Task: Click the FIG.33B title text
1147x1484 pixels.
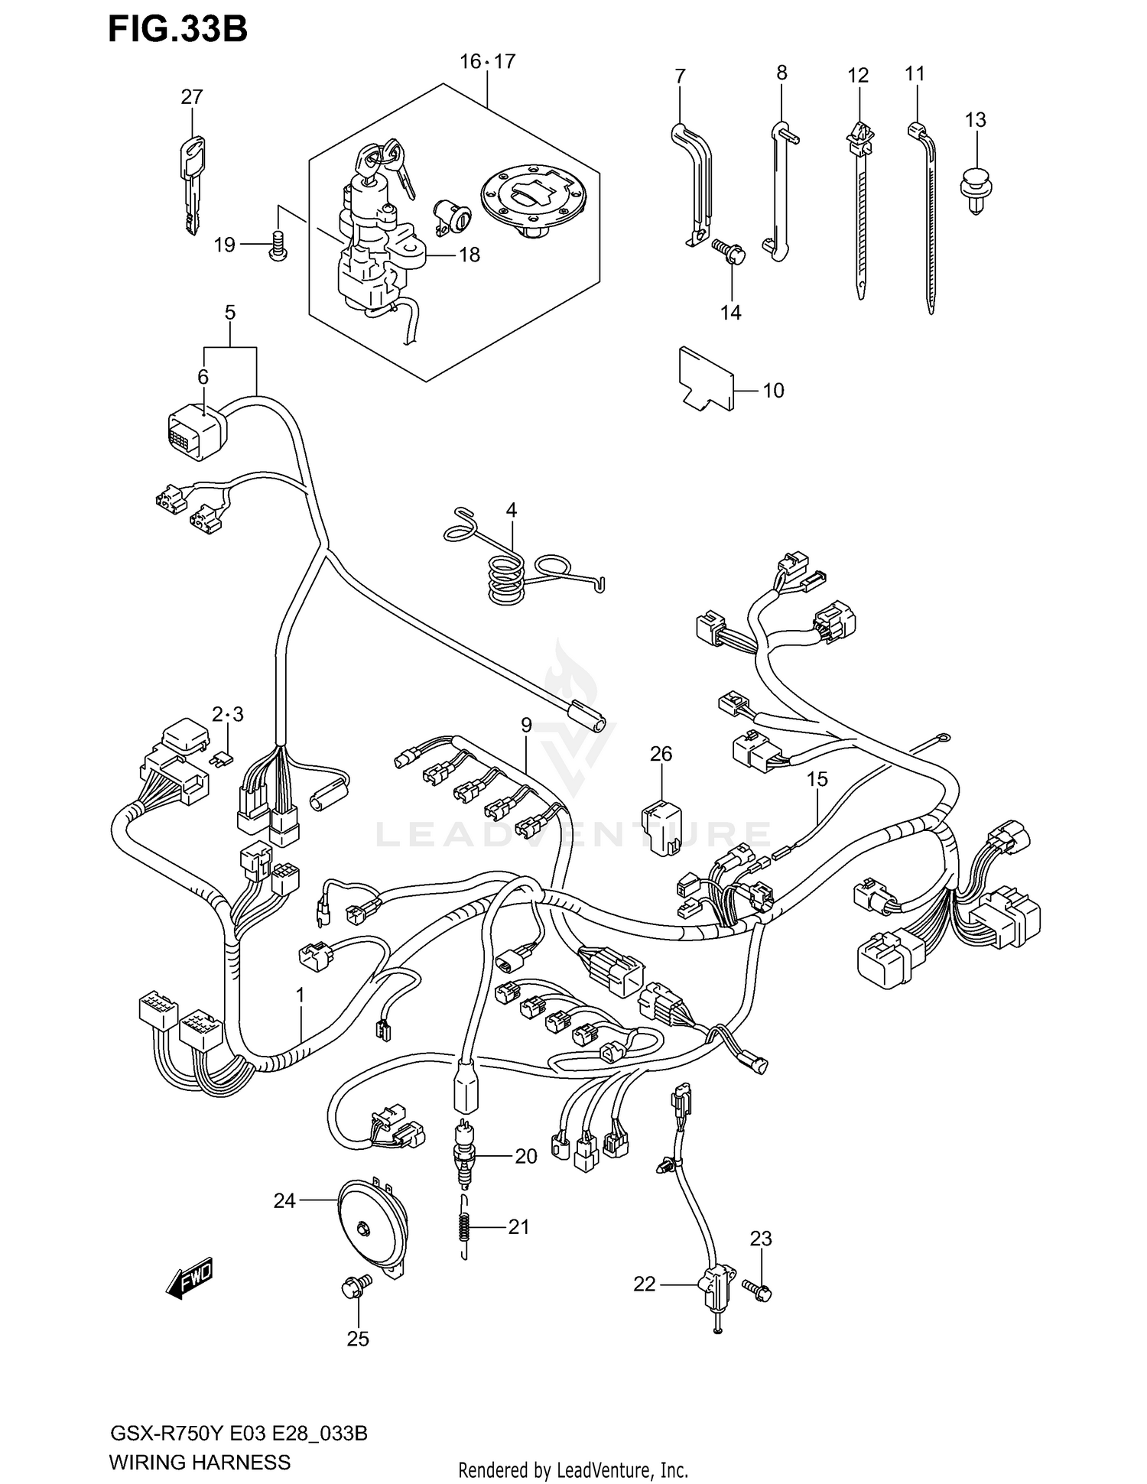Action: (177, 30)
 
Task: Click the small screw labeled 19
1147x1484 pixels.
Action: (278, 246)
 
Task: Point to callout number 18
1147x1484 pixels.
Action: (469, 255)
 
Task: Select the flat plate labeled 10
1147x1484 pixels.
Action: (705, 379)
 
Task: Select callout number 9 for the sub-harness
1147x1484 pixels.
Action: (526, 724)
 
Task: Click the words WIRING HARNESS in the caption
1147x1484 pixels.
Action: (200, 1462)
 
